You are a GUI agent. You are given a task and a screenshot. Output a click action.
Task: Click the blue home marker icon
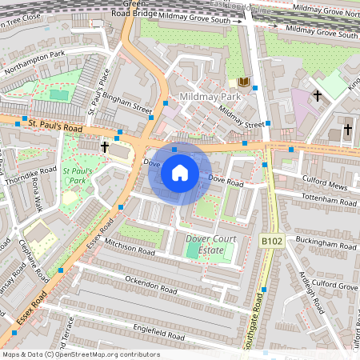click(x=180, y=173)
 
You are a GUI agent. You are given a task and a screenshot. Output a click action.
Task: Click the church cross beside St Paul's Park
click(x=104, y=146)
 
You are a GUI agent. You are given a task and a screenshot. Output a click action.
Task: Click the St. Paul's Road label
click(x=55, y=126)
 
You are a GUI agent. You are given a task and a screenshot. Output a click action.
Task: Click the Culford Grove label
click(x=334, y=285)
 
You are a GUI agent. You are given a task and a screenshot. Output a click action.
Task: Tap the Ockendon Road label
click(x=152, y=284)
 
